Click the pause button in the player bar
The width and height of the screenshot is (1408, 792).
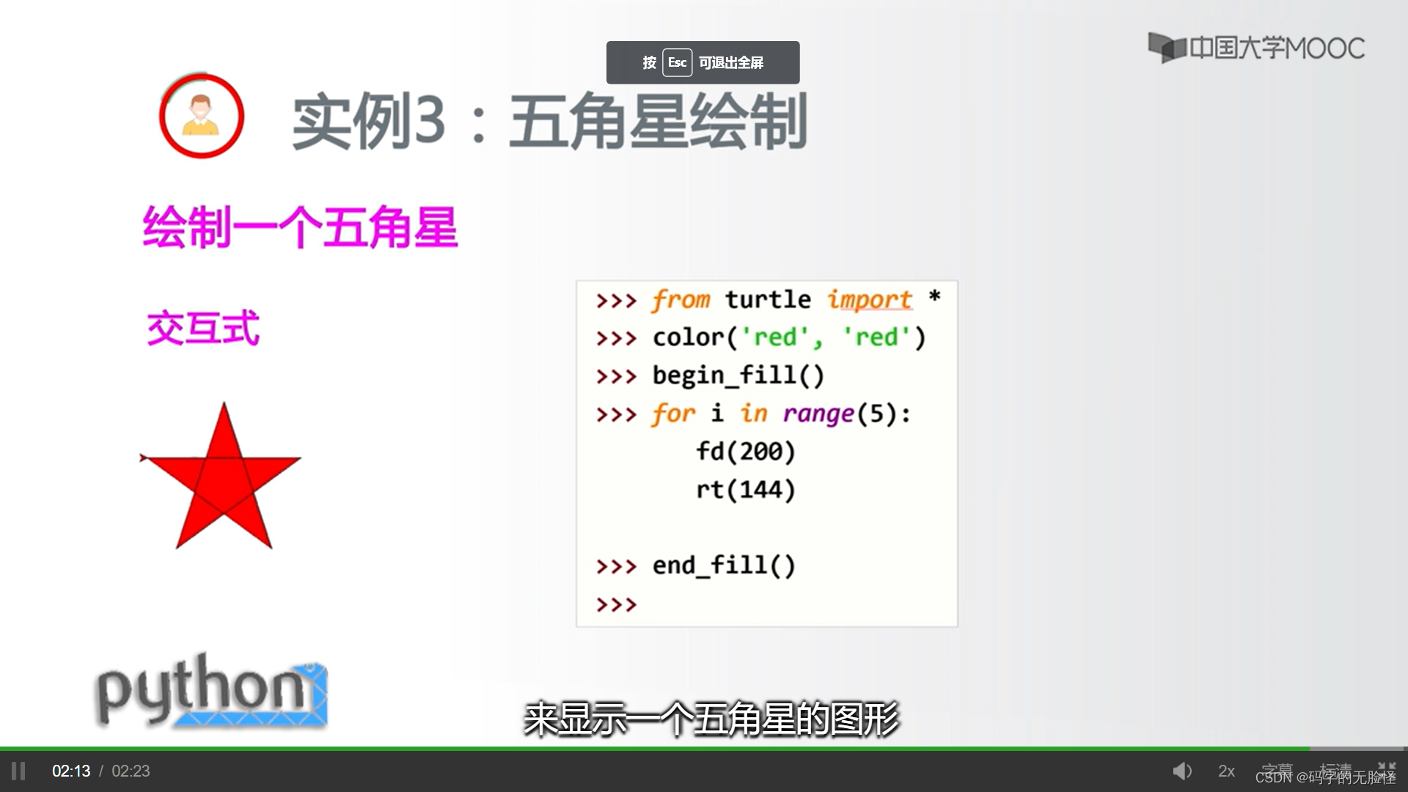pos(18,771)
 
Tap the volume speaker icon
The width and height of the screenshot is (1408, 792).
pos(1181,771)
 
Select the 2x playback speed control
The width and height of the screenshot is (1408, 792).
pos(1226,771)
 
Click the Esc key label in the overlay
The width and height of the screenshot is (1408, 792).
pos(677,62)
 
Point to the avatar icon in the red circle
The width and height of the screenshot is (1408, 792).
pos(201,116)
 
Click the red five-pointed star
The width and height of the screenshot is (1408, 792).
pos(222,480)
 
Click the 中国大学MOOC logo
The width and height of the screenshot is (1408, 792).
pos(1255,48)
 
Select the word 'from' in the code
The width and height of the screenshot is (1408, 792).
pos(681,300)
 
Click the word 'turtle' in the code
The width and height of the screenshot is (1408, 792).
pos(768,300)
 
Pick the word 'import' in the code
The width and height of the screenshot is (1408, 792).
pos(869,300)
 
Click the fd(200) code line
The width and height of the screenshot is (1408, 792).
pos(745,451)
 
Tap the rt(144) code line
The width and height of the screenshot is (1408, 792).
pos(745,489)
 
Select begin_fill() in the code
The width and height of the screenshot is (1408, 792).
pos(738,375)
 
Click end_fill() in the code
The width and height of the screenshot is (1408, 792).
pos(723,565)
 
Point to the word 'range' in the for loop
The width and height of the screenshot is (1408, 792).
pos(818,414)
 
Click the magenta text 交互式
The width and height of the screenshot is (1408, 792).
pos(203,328)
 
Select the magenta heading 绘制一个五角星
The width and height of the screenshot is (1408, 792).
pos(300,227)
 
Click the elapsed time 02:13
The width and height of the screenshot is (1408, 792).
pos(71,771)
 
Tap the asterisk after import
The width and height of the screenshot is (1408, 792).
pos(934,297)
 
